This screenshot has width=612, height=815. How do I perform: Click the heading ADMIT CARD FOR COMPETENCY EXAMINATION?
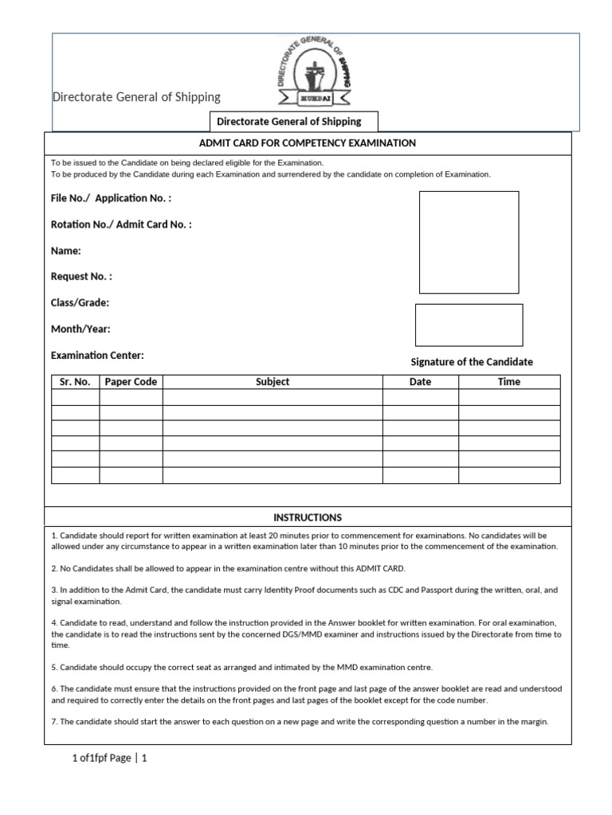pyautogui.click(x=308, y=143)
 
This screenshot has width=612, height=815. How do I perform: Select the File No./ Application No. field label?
pyautogui.click(x=111, y=197)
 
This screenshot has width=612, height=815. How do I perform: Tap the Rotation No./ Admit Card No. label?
pyautogui.click(x=121, y=224)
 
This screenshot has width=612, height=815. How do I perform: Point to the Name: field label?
pyautogui.click(x=66, y=251)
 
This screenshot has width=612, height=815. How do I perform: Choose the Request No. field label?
pyautogui.click(x=81, y=277)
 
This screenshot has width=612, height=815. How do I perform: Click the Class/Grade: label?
pyautogui.click(x=80, y=303)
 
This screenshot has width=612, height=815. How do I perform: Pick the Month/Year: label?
pyautogui.click(x=80, y=329)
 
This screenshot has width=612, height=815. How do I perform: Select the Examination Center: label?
pyautogui.click(x=97, y=356)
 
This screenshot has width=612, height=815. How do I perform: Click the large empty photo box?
pyautogui.click(x=469, y=242)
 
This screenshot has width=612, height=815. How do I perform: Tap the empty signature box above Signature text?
pyautogui.click(x=469, y=325)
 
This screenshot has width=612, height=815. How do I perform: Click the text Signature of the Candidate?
pyautogui.click(x=472, y=362)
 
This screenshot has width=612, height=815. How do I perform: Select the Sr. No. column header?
pyautogui.click(x=75, y=382)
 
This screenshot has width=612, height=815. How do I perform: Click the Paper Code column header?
pyautogui.click(x=131, y=382)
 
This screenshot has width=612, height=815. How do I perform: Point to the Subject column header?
pyautogui.click(x=273, y=382)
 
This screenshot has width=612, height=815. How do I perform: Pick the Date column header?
pyautogui.click(x=420, y=382)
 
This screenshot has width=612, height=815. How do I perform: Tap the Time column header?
pyautogui.click(x=509, y=382)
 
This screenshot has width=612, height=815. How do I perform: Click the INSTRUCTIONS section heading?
pyautogui.click(x=308, y=517)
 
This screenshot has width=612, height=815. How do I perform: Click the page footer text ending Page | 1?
pyautogui.click(x=109, y=758)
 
